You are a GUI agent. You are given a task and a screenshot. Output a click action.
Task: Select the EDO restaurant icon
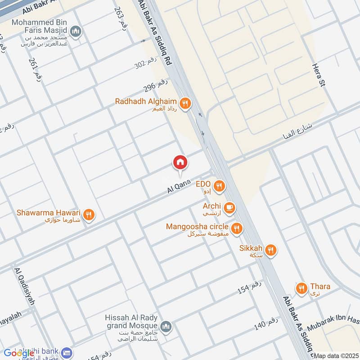219,186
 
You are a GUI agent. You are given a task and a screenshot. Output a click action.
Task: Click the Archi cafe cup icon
229,207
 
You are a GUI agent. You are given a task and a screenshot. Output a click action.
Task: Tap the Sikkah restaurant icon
270,251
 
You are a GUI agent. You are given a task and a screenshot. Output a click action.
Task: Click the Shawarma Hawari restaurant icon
89,215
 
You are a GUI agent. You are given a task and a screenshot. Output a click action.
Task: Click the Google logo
19,353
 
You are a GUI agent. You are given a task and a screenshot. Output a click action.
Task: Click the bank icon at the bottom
67,352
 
